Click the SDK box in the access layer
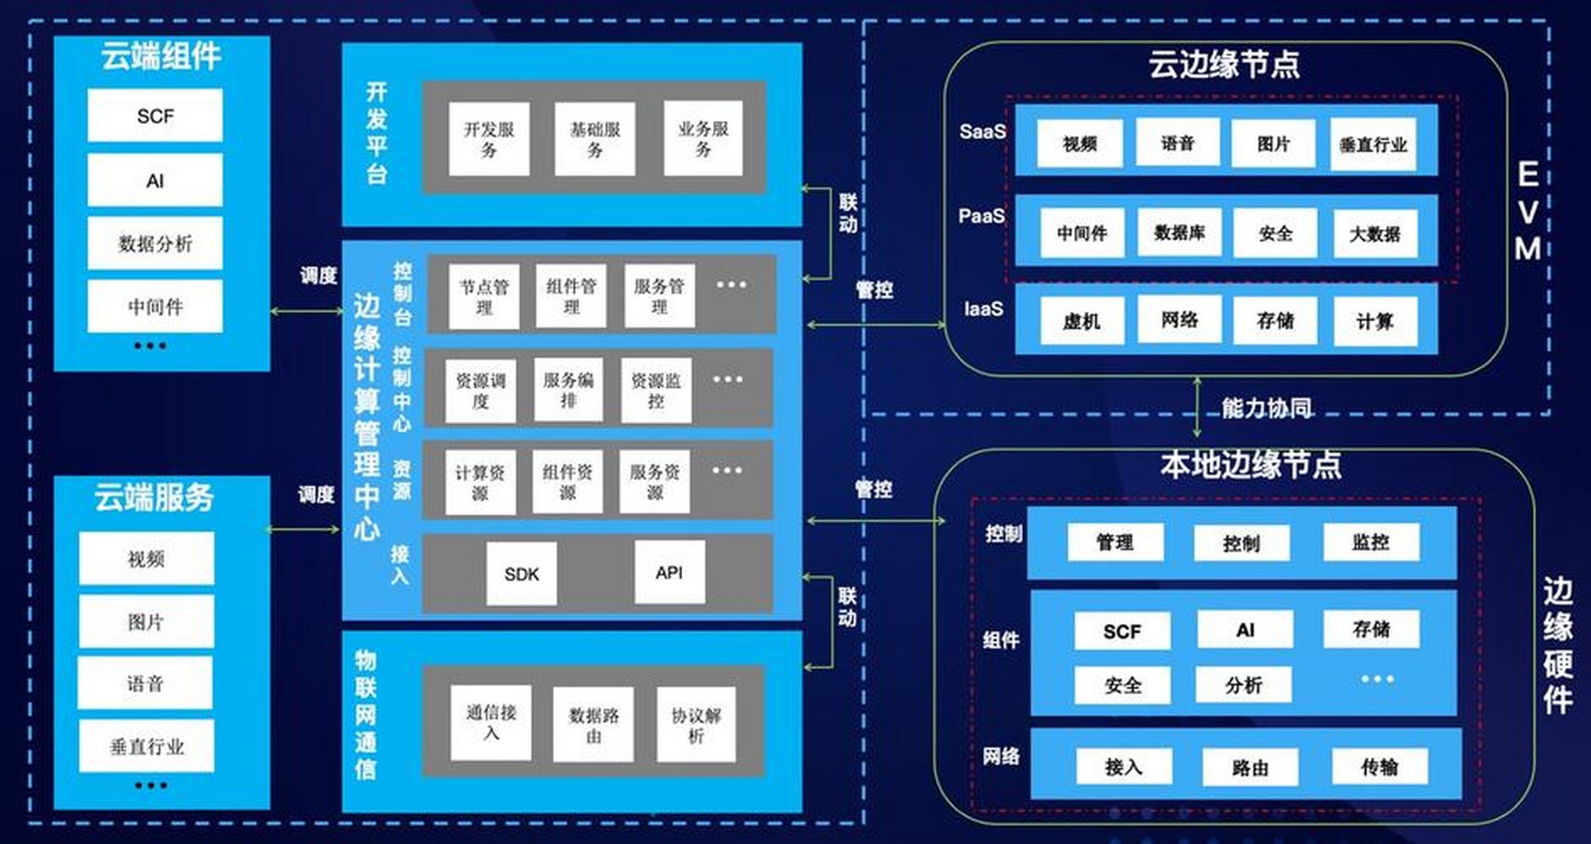coord(521,574)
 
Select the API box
coord(669,572)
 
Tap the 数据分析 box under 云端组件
coord(155,243)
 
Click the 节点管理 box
coord(484,297)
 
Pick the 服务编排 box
coord(568,390)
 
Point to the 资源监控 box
coord(656,390)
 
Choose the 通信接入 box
coord(491,723)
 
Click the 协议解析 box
coord(696,725)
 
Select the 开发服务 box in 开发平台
coord(488,139)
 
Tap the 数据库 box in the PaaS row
coord(1179,232)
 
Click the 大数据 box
coord(1375,233)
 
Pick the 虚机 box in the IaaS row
coord(1082,320)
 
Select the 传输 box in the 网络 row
coord(1379,766)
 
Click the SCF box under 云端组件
coord(155,116)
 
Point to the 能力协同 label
coord(1265,408)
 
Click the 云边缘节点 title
coord(1224,65)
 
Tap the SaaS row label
coord(982,132)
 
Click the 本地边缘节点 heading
coord(1250,465)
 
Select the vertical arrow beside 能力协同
coord(1197,407)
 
